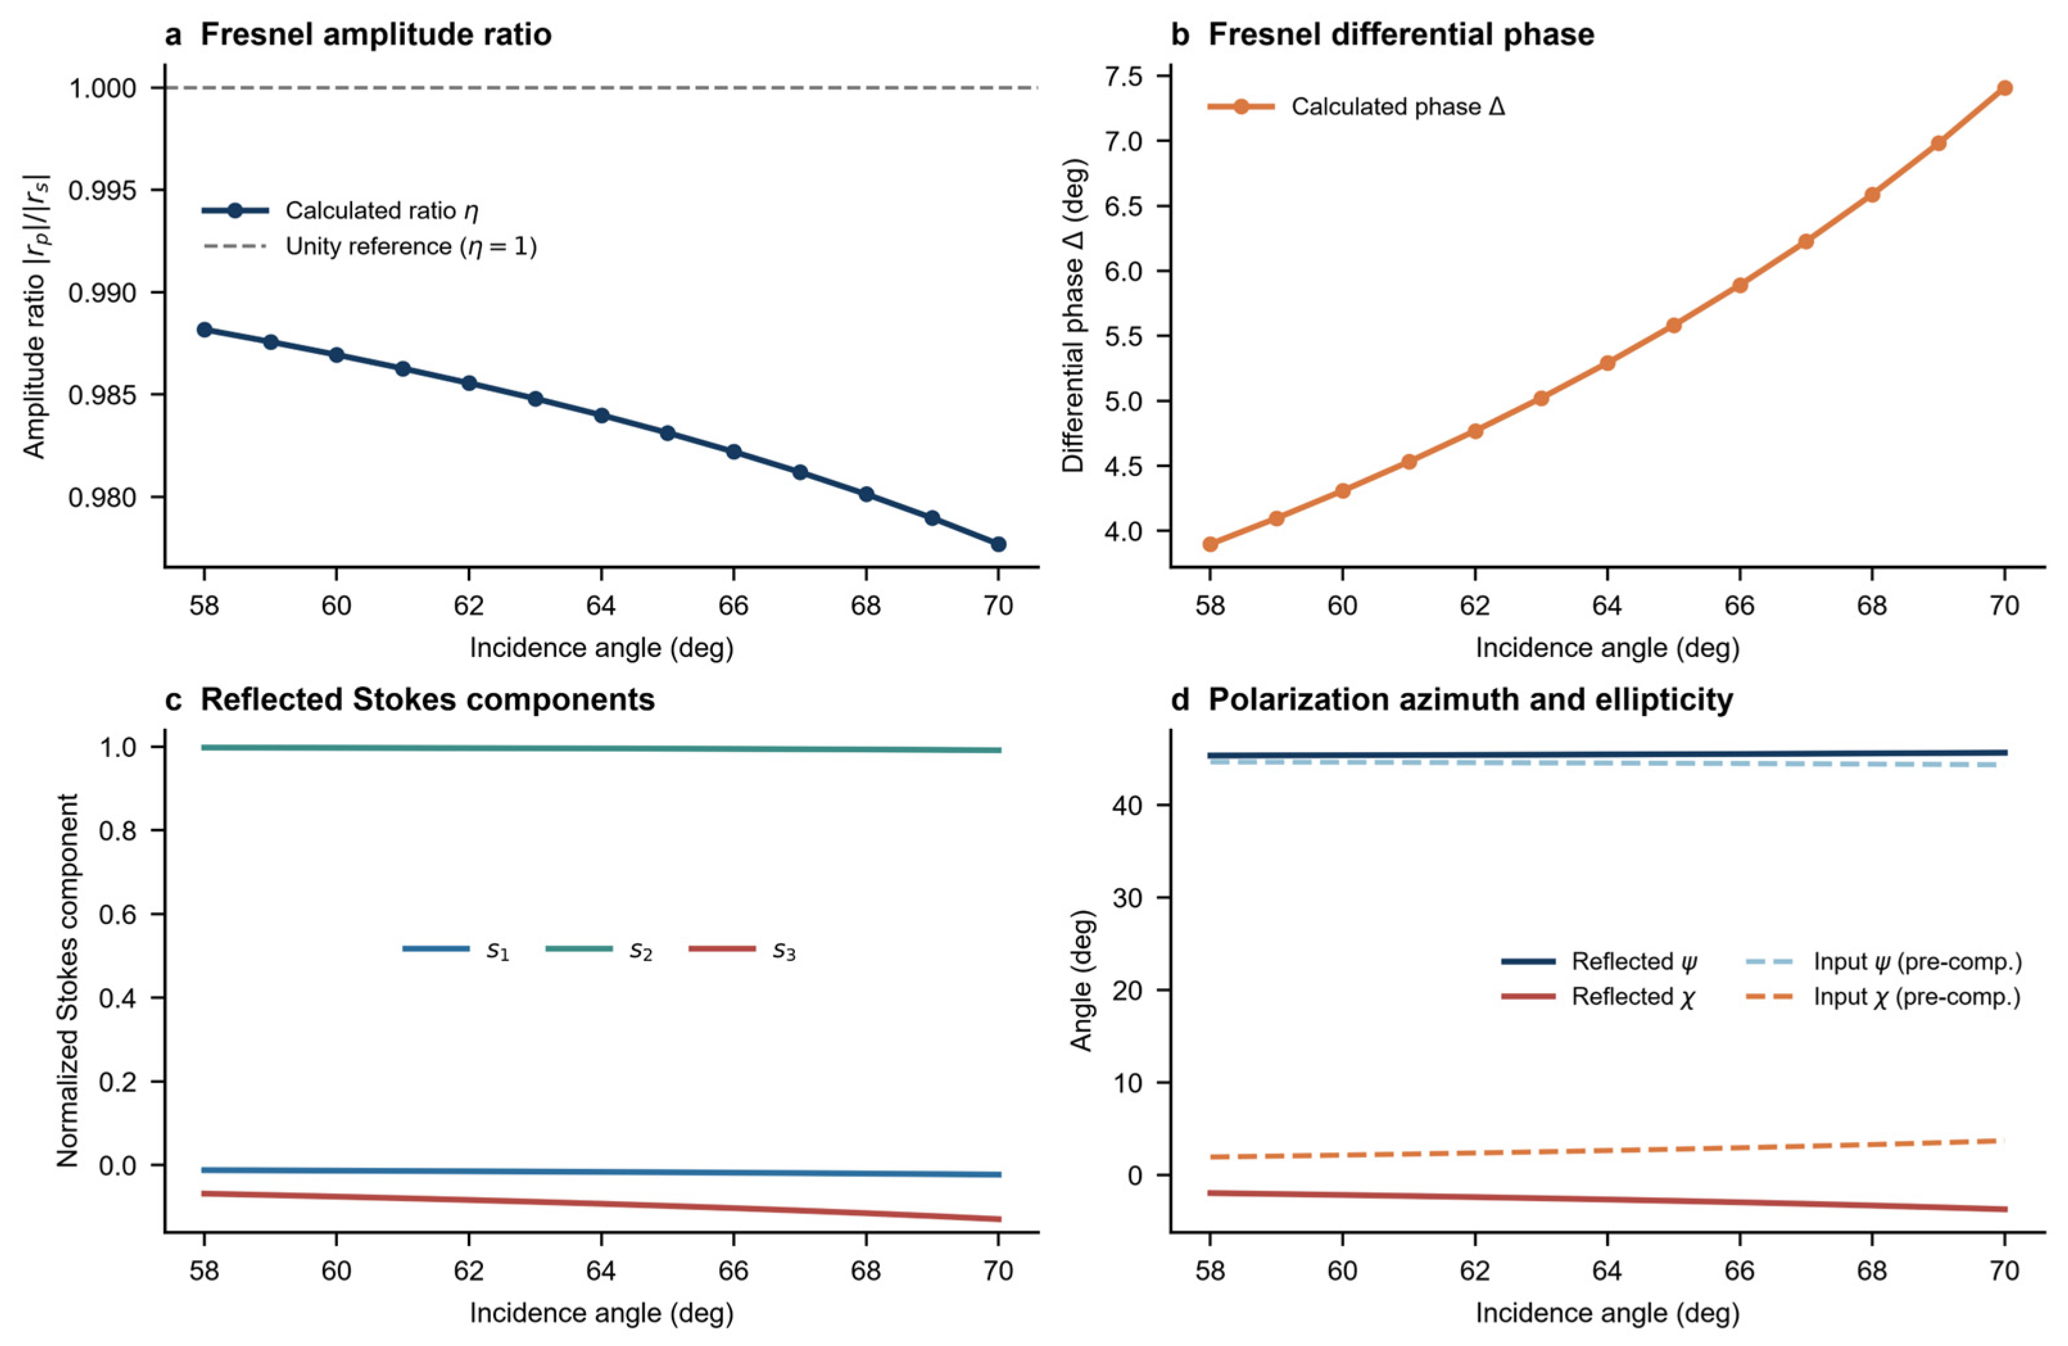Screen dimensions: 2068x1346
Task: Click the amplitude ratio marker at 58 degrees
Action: coord(204,329)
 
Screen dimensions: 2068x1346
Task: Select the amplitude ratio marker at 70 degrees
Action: coord(998,544)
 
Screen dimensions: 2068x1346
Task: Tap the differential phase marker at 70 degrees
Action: coord(2004,88)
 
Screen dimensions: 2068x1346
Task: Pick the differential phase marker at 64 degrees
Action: coord(1607,362)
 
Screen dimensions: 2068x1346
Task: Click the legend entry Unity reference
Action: coord(370,247)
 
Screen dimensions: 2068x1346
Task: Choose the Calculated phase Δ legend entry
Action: coord(1356,107)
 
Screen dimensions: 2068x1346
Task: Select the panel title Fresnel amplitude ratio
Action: coord(375,35)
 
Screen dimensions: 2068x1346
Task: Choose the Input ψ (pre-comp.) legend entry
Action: coord(1884,962)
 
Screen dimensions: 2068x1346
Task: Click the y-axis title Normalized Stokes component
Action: coord(68,980)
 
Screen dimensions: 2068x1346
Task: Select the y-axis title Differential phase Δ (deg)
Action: coord(1074,316)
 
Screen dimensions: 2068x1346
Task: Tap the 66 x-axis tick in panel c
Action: coord(733,1272)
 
